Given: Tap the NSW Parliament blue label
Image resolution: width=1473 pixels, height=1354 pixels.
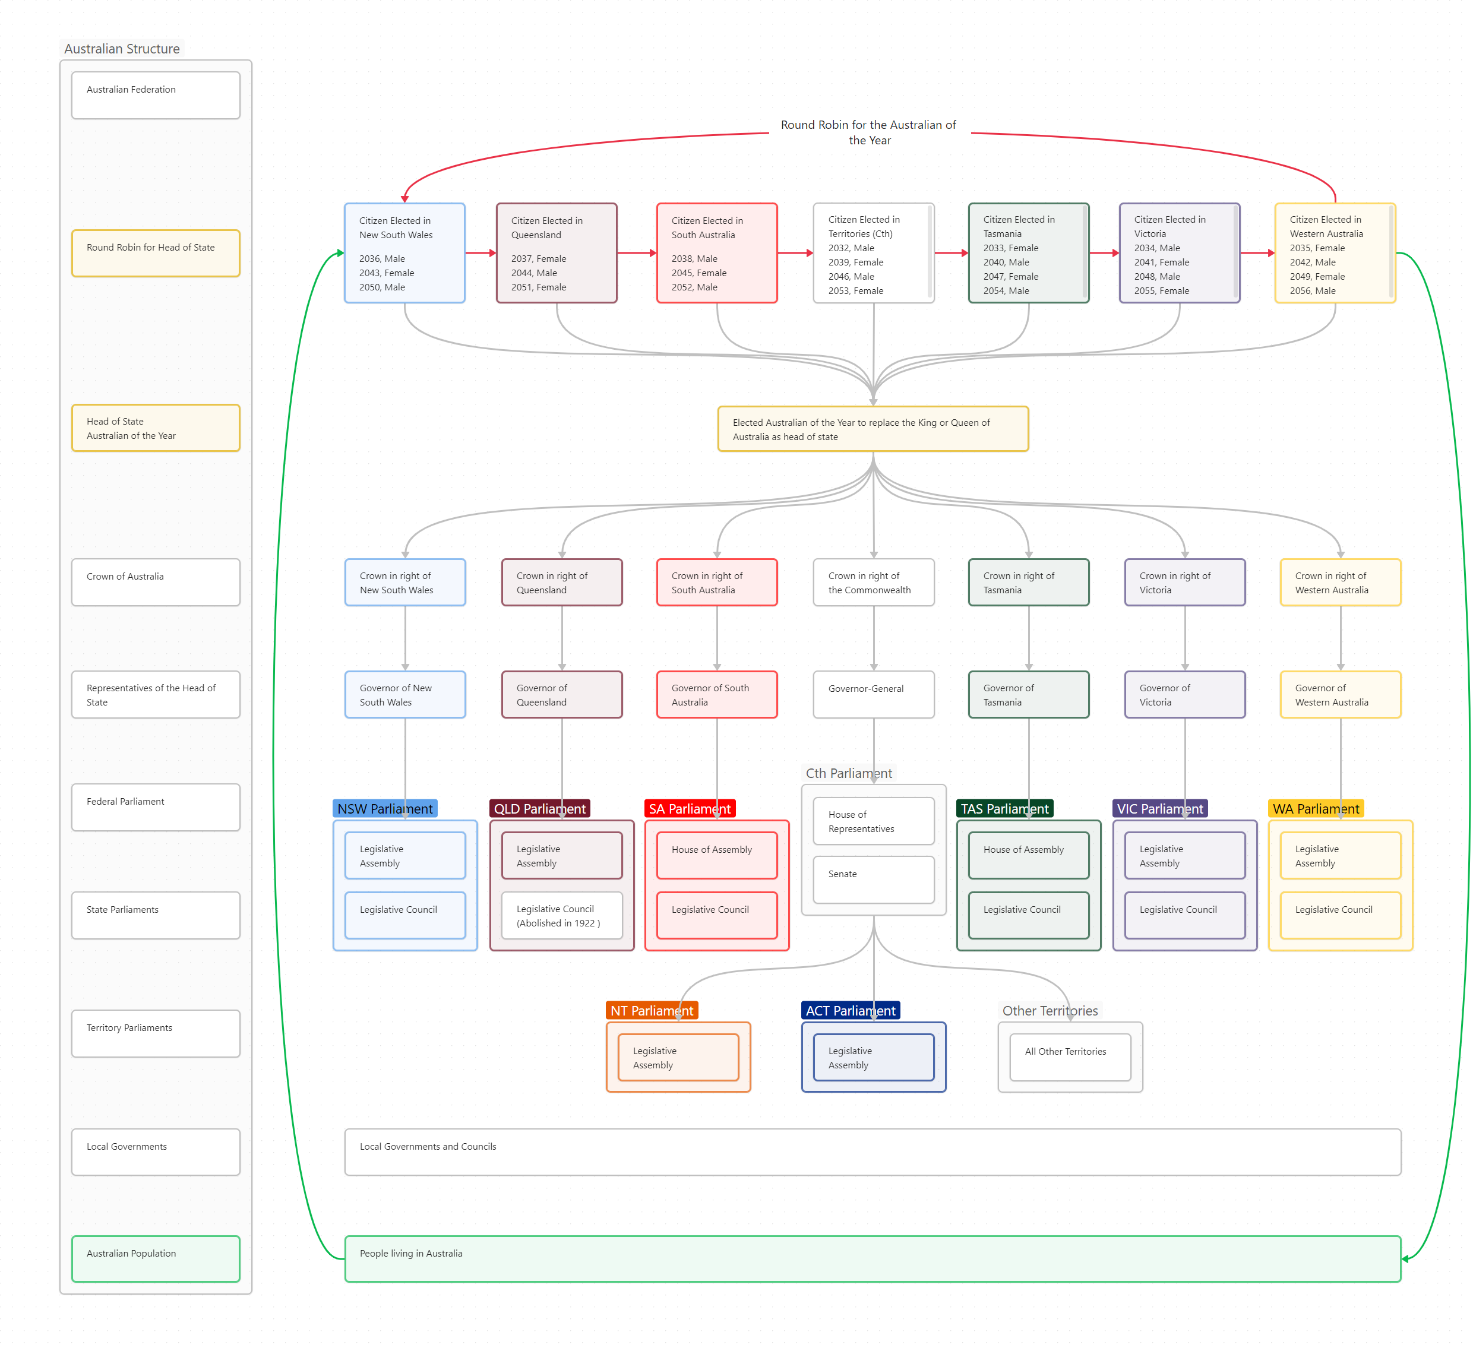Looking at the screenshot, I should pos(385,808).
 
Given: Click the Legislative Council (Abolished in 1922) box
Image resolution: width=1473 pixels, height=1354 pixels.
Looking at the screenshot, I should pos(561,915).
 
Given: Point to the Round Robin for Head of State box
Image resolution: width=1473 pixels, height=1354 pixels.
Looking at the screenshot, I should pos(156,253).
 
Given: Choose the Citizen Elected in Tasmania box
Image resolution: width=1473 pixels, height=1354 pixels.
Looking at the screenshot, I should pos(1028,253).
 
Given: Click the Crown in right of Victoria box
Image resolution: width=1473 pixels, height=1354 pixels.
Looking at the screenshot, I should pos(1184,583).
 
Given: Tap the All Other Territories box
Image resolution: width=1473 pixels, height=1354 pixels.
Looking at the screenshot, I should pos(1069,1056).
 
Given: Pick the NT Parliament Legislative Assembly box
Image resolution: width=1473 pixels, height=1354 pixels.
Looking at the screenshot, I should pos(678,1056).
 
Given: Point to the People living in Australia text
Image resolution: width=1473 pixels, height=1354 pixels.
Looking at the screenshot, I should pos(410,1253).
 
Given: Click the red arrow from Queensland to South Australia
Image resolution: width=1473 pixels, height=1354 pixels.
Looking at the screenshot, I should pos(636,253).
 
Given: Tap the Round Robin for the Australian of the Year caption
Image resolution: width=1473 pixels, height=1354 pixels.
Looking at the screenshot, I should pos(868,132).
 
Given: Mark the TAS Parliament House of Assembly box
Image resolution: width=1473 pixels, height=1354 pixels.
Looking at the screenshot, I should pos(1028,855).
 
